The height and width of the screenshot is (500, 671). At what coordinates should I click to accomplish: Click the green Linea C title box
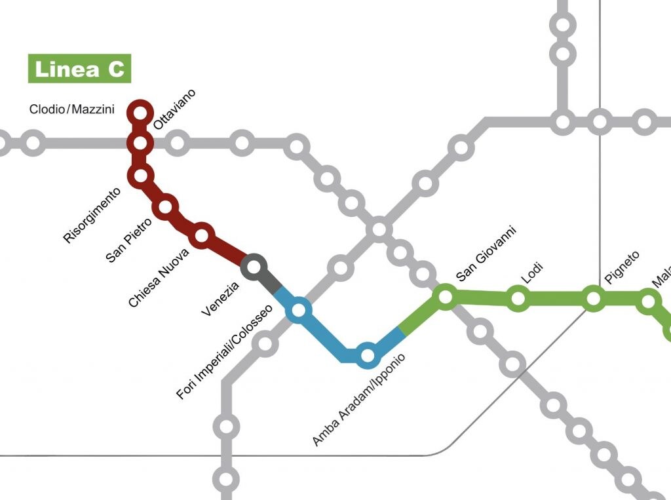pos(79,69)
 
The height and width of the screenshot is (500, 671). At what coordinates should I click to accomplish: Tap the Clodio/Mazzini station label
pos(72,109)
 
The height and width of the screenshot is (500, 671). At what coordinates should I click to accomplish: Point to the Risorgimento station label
pos(92,216)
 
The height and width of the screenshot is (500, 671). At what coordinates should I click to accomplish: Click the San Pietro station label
pos(129,240)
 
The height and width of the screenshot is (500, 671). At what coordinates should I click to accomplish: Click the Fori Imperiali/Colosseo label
pos(224,352)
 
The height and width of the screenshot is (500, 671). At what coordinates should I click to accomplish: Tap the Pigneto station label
pos(621,268)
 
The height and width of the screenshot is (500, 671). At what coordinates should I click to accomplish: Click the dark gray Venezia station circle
pos(254,267)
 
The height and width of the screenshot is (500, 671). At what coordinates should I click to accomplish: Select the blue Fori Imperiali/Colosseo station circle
pos(299,310)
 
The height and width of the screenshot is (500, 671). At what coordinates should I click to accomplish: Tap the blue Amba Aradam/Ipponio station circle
pos(368,355)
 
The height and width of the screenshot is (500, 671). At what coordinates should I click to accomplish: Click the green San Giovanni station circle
pos(446,297)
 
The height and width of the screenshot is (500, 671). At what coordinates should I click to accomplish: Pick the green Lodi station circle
pos(518,299)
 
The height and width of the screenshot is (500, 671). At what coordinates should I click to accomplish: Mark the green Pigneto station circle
pos(594,299)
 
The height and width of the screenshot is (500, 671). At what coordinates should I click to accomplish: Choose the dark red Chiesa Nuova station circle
pos(202,235)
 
